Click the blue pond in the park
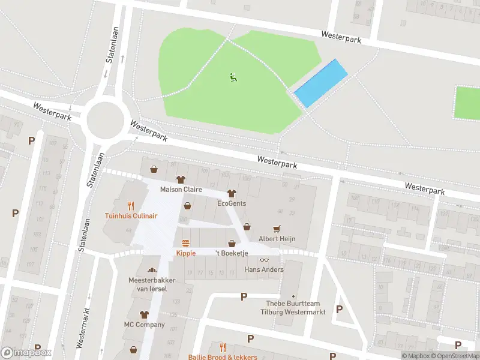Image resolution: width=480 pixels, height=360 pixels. [x=321, y=83]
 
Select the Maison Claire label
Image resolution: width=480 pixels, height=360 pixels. [x=181, y=190]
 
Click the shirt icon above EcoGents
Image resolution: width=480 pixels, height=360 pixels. [x=232, y=193]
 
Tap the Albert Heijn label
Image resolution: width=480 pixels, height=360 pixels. [x=277, y=239]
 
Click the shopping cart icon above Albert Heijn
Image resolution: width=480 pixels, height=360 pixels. [x=277, y=229]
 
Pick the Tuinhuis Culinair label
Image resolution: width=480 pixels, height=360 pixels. [x=131, y=215]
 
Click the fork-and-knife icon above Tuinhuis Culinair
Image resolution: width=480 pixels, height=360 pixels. [x=131, y=205]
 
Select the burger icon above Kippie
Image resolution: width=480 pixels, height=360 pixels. [x=186, y=243]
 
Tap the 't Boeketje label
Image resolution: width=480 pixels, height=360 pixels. [x=232, y=253]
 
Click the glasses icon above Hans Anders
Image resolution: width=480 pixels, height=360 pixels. [x=263, y=260]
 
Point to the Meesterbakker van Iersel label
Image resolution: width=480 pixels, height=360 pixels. [x=148, y=284]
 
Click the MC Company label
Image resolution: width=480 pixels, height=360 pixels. [x=144, y=325]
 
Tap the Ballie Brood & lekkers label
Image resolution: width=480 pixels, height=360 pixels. [x=223, y=357]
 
